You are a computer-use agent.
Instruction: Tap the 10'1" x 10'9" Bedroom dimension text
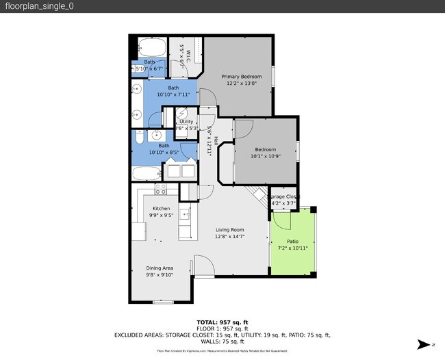pyautogui.click(x=266, y=156)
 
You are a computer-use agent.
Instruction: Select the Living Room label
pyautogui.click(x=230, y=230)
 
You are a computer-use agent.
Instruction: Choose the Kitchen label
pyautogui.click(x=161, y=208)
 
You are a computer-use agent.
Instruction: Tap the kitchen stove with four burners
pyautogui.click(x=161, y=190)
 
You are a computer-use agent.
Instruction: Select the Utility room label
pyautogui.click(x=186, y=121)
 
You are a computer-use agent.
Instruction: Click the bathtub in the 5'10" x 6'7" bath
pyautogui.click(x=151, y=49)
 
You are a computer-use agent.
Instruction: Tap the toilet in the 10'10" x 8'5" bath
pyautogui.click(x=138, y=138)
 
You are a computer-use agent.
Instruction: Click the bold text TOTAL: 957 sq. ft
pyautogui.click(x=222, y=322)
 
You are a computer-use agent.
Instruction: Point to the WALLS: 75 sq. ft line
pyautogui.click(x=222, y=341)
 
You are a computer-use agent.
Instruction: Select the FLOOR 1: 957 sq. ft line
pyautogui.click(x=222, y=329)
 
